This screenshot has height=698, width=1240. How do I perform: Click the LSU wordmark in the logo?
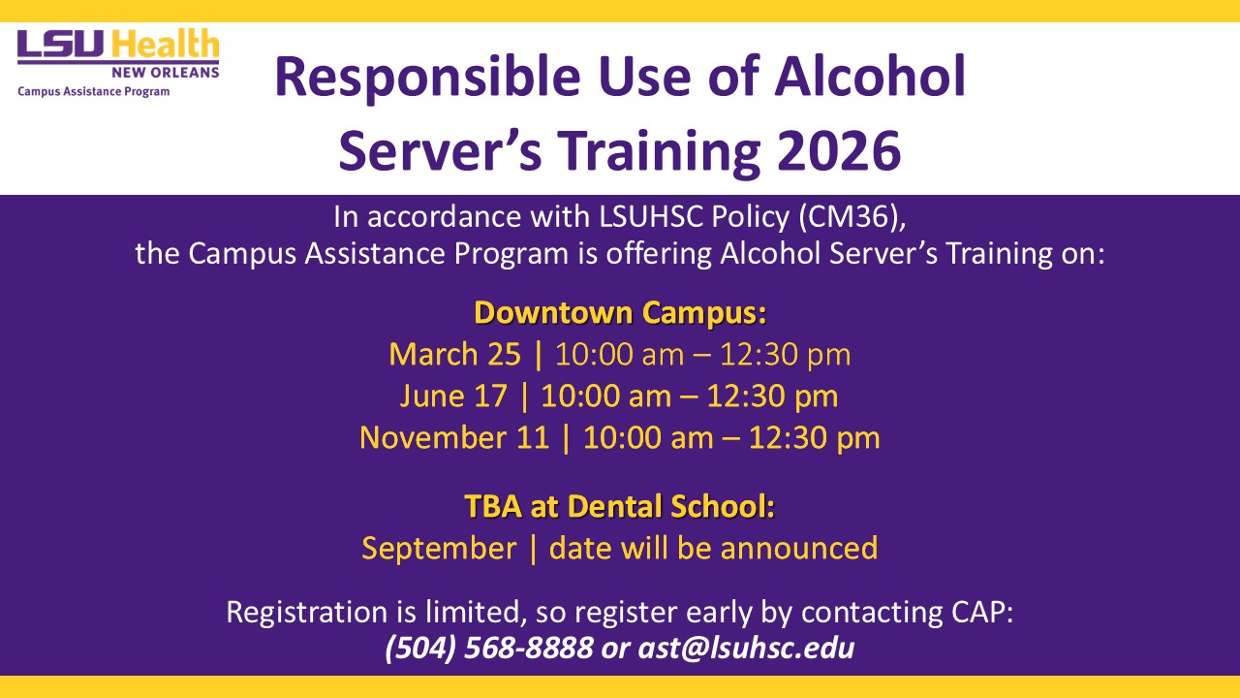tap(60, 45)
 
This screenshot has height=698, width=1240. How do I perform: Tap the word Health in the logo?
tap(165, 44)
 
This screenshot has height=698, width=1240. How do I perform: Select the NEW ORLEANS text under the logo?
tap(166, 73)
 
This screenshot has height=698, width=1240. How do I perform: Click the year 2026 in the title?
tap(839, 150)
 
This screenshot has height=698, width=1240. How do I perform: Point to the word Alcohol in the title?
tap(870, 76)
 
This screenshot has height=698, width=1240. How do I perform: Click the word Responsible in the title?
tap(428, 78)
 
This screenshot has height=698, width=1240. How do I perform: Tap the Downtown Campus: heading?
tap(620, 312)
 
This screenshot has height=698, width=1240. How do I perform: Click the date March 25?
tap(455, 354)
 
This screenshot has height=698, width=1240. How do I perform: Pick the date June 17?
tap(453, 396)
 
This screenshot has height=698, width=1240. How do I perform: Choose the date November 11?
tap(454, 437)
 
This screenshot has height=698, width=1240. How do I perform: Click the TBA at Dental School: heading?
tap(619, 506)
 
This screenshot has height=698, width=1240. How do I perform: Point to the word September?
tap(439, 549)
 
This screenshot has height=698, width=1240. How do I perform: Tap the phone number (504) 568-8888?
tap(489, 648)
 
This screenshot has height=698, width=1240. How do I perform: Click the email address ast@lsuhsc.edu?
tap(746, 648)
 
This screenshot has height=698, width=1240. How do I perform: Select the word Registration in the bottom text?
tap(307, 613)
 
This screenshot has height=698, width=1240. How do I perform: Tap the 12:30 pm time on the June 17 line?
tap(772, 397)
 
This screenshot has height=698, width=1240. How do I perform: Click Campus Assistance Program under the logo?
tap(94, 91)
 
